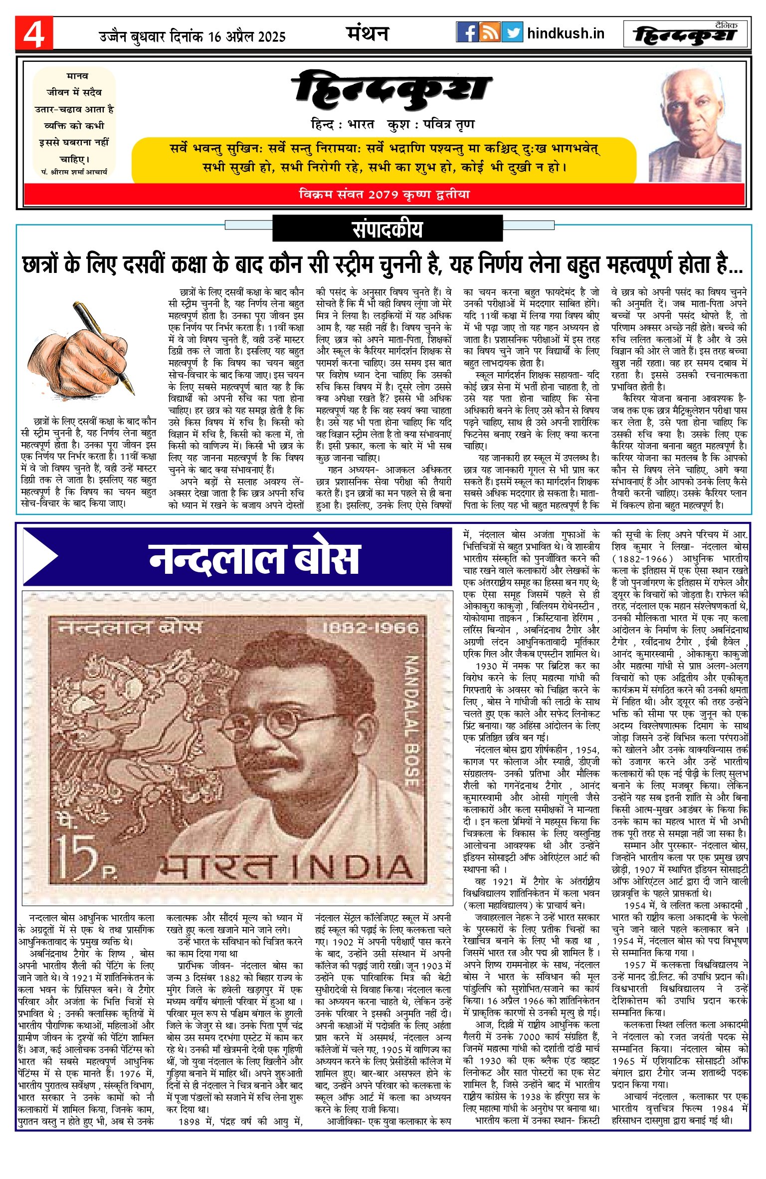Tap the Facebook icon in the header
(467, 32)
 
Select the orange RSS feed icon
(489, 32)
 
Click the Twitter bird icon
(512, 32)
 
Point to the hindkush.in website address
(566, 33)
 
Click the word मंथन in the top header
(368, 33)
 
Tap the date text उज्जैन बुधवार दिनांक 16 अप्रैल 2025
(192, 36)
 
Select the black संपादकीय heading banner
(387, 229)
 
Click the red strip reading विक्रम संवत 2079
(384, 194)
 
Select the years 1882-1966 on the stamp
(371, 627)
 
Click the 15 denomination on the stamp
(76, 856)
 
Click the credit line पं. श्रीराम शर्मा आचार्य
(74, 172)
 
